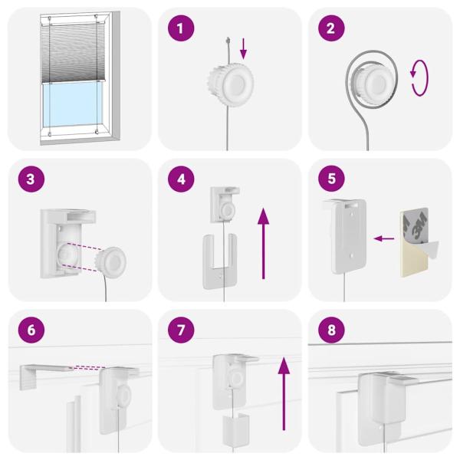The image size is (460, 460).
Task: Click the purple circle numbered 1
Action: click(x=181, y=28)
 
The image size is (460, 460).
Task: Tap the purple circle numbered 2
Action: click(x=331, y=28)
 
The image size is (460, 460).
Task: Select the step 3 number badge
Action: click(x=31, y=179)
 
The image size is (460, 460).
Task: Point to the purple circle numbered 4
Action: click(x=181, y=179)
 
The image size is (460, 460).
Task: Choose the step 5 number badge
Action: click(x=331, y=179)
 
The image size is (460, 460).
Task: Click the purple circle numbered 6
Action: click(x=31, y=330)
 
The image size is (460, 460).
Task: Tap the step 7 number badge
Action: click(x=181, y=330)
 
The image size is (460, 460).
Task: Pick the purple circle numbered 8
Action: click(x=331, y=330)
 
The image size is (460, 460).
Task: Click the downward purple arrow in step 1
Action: click(x=243, y=48)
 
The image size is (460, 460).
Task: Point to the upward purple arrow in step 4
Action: click(x=263, y=244)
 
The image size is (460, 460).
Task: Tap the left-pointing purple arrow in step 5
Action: click(x=384, y=238)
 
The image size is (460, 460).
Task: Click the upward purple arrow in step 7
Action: click(x=284, y=394)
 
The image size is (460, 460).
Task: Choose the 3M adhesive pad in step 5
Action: click(x=415, y=243)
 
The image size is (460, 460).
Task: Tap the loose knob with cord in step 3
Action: click(x=111, y=263)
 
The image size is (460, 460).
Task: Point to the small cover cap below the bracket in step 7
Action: click(x=235, y=428)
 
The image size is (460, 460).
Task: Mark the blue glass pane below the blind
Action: click(x=73, y=103)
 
